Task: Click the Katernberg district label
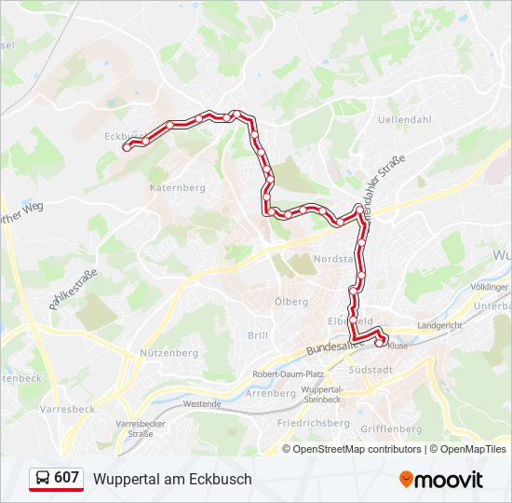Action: pos(177,187)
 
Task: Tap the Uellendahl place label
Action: pos(405,120)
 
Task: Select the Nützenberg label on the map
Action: pos(168,353)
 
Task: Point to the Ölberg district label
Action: pos(291,302)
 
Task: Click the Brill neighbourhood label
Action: pos(258,335)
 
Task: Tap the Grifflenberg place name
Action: pos(391,428)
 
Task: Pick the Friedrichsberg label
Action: pos(313,423)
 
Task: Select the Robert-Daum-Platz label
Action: pos(289,374)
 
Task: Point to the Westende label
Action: pos(202,404)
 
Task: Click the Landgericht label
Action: pos(439,326)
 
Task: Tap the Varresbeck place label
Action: pos(67,409)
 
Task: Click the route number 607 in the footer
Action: pos(66,478)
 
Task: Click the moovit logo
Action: pos(440,480)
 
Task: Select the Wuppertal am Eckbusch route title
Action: pos(172,479)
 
